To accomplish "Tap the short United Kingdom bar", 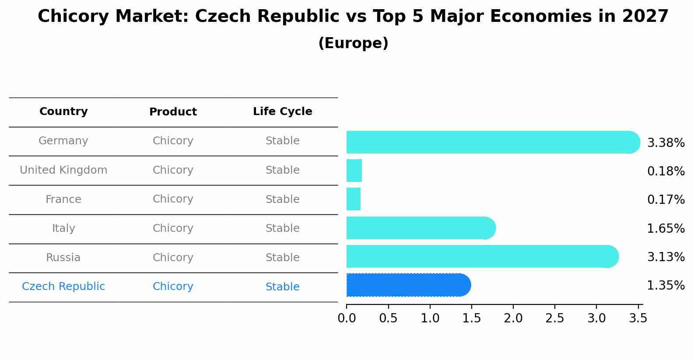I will (x=354, y=171).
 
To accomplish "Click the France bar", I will (x=354, y=199).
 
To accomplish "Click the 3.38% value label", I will (x=666, y=143).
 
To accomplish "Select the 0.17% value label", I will (x=666, y=199).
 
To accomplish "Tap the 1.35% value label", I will (x=666, y=286).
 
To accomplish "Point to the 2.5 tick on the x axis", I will (x=555, y=318).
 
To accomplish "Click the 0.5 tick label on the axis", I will (x=388, y=318).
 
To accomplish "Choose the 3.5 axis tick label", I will (x=638, y=318).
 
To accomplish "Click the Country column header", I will (x=63, y=112).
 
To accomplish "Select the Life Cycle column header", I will (x=282, y=112).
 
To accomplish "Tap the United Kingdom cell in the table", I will (x=63, y=170).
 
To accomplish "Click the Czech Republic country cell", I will (x=63, y=287).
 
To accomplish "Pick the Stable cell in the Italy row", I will (x=282, y=228).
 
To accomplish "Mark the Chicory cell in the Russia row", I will (x=173, y=258).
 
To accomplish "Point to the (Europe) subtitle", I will (x=353, y=43).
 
